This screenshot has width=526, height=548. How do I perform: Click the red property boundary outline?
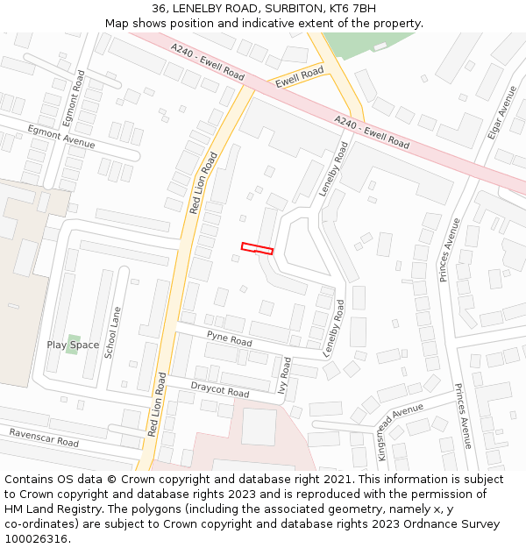(257, 249)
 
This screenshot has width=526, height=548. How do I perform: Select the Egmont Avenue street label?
(60, 137)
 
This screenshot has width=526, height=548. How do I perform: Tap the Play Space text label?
(73, 345)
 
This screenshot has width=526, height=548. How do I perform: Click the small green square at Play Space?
(74, 338)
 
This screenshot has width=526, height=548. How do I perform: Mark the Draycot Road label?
(220, 389)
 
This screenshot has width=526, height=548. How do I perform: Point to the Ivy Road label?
(285, 374)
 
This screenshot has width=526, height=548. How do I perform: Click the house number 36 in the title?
(159, 8)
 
